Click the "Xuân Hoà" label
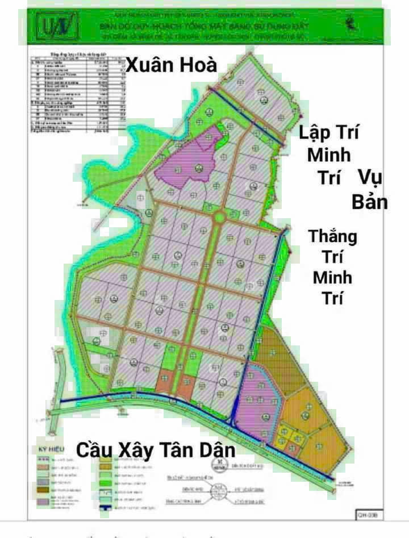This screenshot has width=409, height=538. coord(172,65)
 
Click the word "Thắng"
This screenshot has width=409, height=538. coord(333,236)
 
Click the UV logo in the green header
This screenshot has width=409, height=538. coord(57,26)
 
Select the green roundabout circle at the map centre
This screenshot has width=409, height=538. coord(219,216)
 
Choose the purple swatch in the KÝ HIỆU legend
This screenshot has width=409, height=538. coord(43,502)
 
